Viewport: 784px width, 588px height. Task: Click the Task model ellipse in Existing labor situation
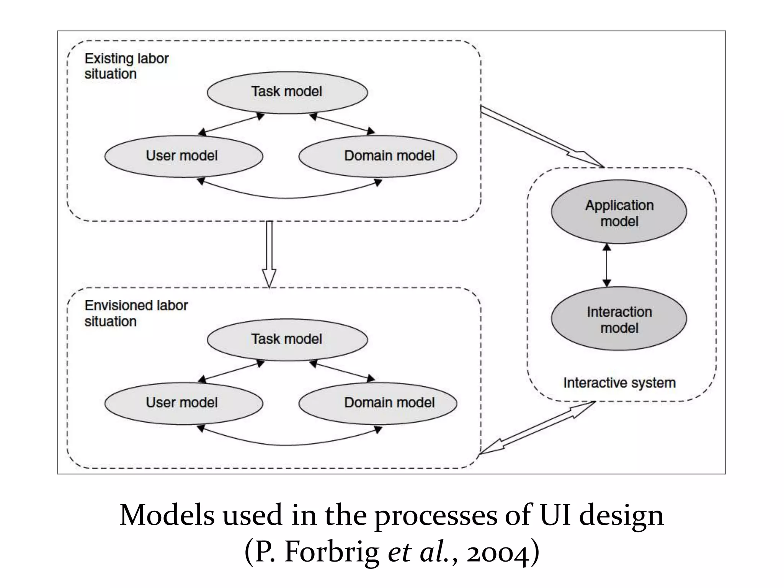click(287, 92)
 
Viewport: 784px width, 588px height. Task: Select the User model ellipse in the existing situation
click(183, 156)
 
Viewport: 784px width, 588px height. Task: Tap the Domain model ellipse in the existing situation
click(378, 156)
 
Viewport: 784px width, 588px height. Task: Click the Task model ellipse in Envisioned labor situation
click(287, 340)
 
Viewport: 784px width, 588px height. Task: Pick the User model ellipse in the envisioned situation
click(183, 403)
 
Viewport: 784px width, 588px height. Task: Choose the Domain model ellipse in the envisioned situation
click(378, 403)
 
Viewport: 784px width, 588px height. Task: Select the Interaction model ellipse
click(619, 319)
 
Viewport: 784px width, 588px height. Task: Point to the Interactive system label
click(619, 383)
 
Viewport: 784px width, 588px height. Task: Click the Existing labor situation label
click(126, 66)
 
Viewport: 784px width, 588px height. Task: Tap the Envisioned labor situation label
click(136, 313)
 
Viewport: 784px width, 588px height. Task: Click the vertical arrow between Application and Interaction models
click(607, 265)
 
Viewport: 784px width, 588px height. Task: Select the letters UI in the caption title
click(555, 515)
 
